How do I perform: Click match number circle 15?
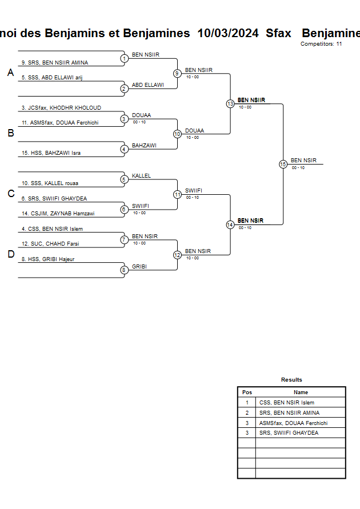pos(283,164)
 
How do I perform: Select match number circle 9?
pos(177,73)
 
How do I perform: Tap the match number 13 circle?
pos(230,104)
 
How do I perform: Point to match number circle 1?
pos(124,58)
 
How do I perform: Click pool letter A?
pos(10,73)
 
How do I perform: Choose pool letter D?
pos(10,255)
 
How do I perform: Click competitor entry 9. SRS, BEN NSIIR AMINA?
pos(55,63)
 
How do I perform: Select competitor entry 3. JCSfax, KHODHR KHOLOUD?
pos(61,108)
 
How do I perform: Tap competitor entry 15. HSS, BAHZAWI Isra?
pos(51,153)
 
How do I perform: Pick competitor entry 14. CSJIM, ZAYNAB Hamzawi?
pos(58,214)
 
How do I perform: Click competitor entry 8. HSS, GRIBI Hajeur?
pos(51,259)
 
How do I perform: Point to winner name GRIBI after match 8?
pos(139,266)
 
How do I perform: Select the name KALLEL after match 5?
pos(141,176)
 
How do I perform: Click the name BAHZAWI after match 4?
pos(144,146)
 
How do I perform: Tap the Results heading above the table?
pos(291,380)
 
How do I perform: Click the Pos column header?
pos(247,392)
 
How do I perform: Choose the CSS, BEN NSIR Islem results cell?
pos(286,403)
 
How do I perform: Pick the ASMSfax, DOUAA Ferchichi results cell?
pos(293,423)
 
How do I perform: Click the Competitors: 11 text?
pos(321,44)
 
